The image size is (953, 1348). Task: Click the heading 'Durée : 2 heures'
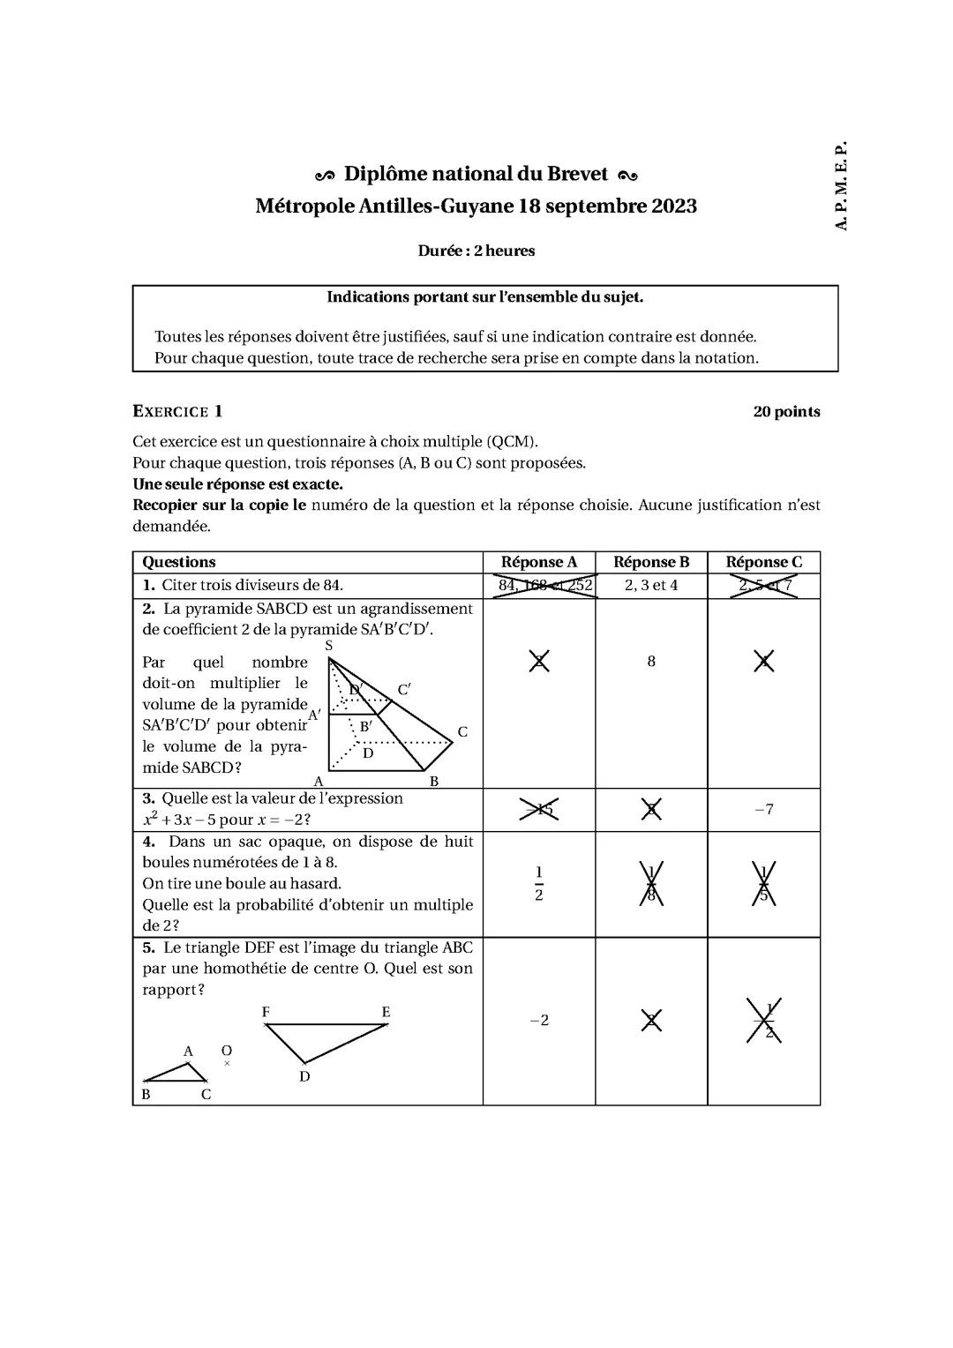476,251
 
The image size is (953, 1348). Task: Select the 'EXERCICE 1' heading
177,411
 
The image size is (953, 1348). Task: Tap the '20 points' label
785,412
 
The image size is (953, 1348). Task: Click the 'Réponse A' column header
538,562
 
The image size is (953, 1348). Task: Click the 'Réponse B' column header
650,562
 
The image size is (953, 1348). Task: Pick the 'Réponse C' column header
763,562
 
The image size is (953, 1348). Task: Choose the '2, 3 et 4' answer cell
650,586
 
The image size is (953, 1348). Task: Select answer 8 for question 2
650,662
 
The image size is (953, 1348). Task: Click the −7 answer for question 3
763,809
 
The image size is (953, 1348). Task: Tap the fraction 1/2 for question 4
538,884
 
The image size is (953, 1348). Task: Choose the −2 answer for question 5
538,1021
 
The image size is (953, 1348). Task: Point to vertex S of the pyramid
329,646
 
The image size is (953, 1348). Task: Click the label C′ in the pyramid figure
403,689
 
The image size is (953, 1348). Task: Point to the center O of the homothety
227,1051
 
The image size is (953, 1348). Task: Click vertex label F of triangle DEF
266,1012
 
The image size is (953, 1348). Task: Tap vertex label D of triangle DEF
304,1076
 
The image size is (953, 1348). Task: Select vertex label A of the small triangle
188,1052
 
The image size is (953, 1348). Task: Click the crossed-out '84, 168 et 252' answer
544,586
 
